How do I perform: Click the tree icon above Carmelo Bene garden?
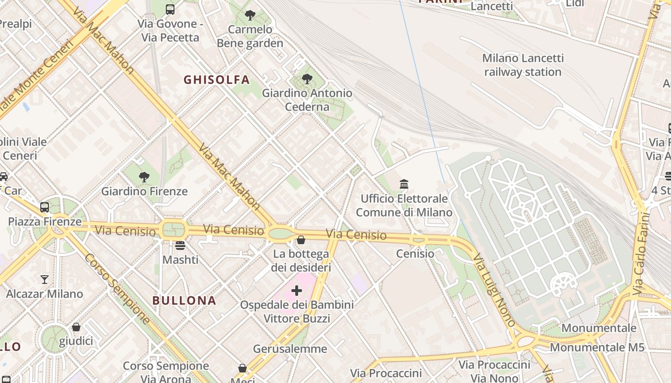pos(250,15)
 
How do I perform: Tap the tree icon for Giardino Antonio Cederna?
pos(307,79)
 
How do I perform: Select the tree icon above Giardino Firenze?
pos(144,177)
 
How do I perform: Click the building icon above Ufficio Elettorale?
pos(404,184)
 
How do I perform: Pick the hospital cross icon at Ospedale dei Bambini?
pos(297,290)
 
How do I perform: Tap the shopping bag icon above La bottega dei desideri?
pos(301,239)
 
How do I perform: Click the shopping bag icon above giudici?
pos(76,327)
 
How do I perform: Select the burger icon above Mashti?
pos(180,246)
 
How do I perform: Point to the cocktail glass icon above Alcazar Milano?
pos(45,279)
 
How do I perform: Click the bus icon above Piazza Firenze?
pos(45,207)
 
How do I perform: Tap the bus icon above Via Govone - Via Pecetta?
pos(170,9)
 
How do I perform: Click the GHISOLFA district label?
pos(217,80)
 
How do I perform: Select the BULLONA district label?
pos(185,301)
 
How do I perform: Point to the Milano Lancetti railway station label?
pos(522,65)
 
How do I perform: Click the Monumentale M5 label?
pos(597,347)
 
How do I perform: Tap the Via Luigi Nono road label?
pos(494,290)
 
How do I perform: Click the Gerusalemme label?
pos(290,349)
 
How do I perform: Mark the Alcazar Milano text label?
pos(45,293)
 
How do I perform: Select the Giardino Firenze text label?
pos(144,191)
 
